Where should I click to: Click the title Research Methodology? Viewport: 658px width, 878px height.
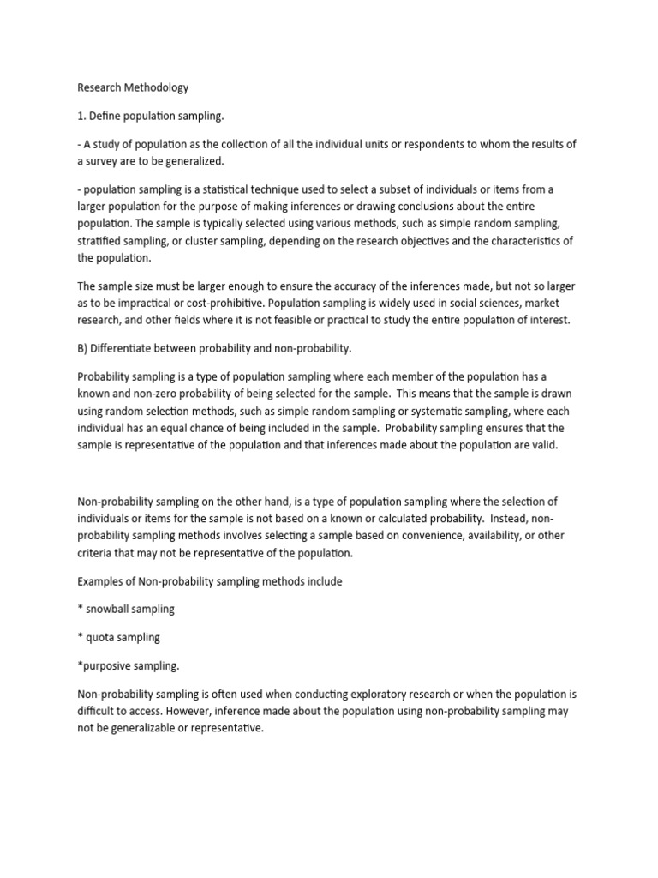(133, 87)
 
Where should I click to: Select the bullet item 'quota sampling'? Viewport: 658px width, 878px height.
(123, 637)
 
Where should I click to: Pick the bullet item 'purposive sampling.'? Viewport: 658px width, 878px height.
(129, 665)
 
